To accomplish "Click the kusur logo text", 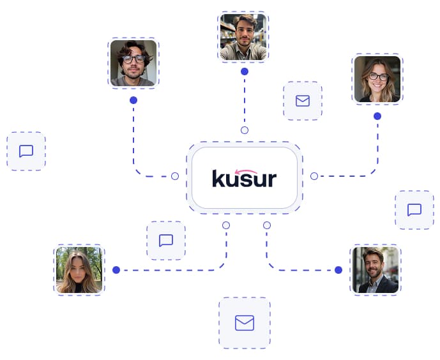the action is tap(244, 178).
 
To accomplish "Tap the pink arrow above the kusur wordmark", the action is tap(246, 171).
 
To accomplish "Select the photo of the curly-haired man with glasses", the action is tap(133, 63).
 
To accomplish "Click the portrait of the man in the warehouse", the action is tap(243, 37).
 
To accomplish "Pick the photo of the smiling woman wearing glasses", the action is tap(377, 79).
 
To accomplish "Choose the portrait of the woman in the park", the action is tap(79, 270).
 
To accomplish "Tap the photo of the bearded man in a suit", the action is tap(376, 270).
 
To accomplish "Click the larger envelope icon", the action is tap(245, 323).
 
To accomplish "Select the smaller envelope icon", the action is tap(303, 101).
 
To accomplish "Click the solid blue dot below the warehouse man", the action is tap(245, 71).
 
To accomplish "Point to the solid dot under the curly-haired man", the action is tap(133, 100).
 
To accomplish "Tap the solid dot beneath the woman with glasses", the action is tap(377, 116).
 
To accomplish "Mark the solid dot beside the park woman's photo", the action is tap(116, 270).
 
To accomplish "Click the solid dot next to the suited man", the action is tap(338, 270).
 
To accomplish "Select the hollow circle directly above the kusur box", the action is tap(245, 130).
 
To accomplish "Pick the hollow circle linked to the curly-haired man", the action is tap(175, 176).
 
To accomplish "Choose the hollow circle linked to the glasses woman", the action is tap(314, 176).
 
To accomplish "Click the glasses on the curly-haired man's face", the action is tap(133, 59).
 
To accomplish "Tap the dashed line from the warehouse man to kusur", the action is tap(245, 101).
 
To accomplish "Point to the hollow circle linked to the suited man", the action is tap(267, 225).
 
